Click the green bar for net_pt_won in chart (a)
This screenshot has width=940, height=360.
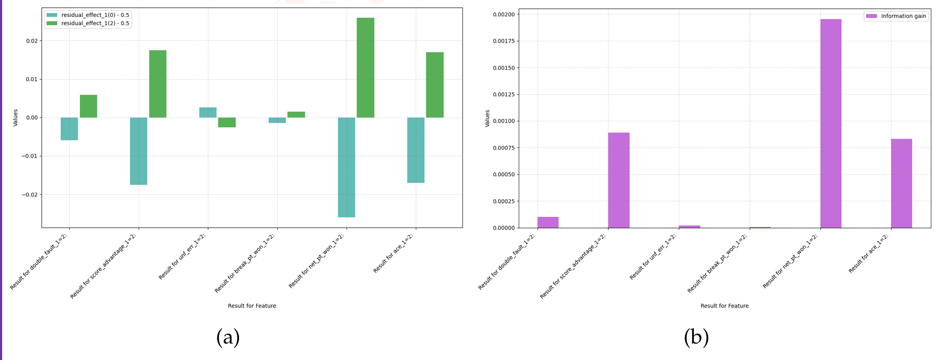click(x=365, y=67)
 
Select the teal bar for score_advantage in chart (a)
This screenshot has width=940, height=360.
click(x=139, y=151)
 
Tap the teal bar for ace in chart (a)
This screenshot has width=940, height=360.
click(x=416, y=150)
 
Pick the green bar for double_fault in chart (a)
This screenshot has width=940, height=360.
click(x=89, y=106)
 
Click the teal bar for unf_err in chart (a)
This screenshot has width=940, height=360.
click(x=208, y=112)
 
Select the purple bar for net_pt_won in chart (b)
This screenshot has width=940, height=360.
click(x=831, y=124)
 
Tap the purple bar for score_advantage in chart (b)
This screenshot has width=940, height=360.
click(x=619, y=180)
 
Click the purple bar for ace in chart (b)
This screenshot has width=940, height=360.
click(x=901, y=183)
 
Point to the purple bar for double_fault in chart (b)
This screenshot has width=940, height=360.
click(x=548, y=222)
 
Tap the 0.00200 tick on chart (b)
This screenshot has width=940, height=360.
click(x=503, y=14)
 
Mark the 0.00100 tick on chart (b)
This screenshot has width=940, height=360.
click(x=503, y=121)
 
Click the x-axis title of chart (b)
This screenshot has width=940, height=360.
click(x=724, y=306)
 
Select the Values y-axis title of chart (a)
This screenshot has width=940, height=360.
click(x=15, y=117)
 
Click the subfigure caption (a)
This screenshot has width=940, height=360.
click(x=228, y=337)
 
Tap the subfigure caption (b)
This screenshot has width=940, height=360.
click(x=696, y=337)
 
